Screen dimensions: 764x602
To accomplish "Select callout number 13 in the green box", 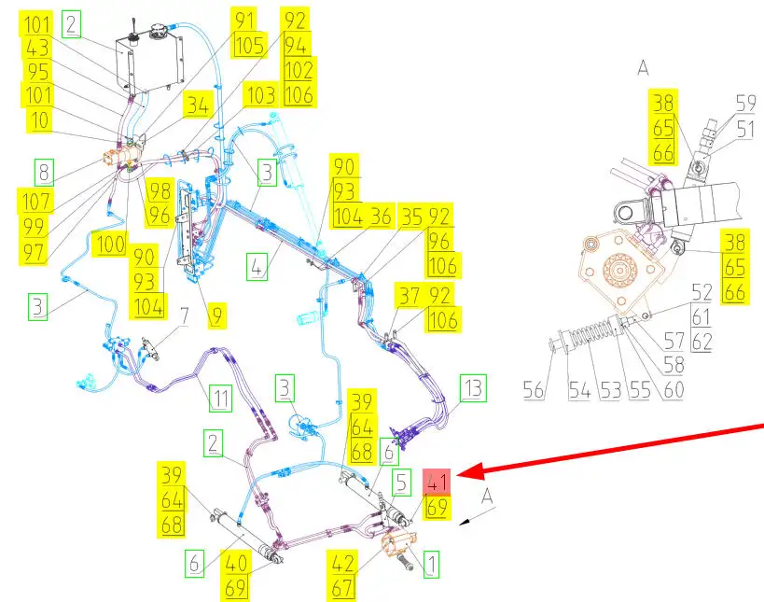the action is point(474,388).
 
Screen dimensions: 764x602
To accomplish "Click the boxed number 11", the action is point(220,400).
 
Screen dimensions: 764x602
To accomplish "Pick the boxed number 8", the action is point(42,172).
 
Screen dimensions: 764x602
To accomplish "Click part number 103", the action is point(260,94).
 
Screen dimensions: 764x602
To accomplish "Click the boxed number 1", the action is point(431,563).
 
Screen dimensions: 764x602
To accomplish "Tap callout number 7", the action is point(184,315).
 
